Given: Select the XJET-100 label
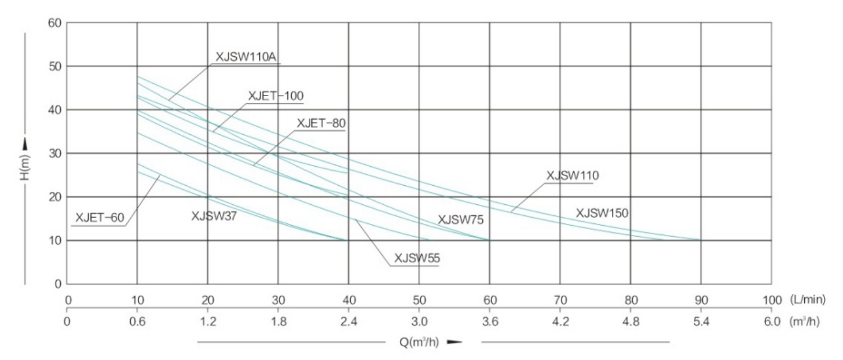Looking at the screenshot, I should point(276,96).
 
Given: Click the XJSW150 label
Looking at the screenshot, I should point(602,213).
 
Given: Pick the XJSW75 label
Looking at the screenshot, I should point(460,219).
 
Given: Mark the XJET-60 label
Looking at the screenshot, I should point(100,218).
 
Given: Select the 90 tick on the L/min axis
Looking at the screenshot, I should point(701,300).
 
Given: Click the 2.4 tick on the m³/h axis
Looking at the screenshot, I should point(349,321).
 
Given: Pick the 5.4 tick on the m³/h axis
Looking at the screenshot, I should point(701,321).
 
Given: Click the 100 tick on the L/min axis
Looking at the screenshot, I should point(771,300).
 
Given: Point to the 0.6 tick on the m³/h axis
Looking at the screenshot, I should point(137,321).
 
